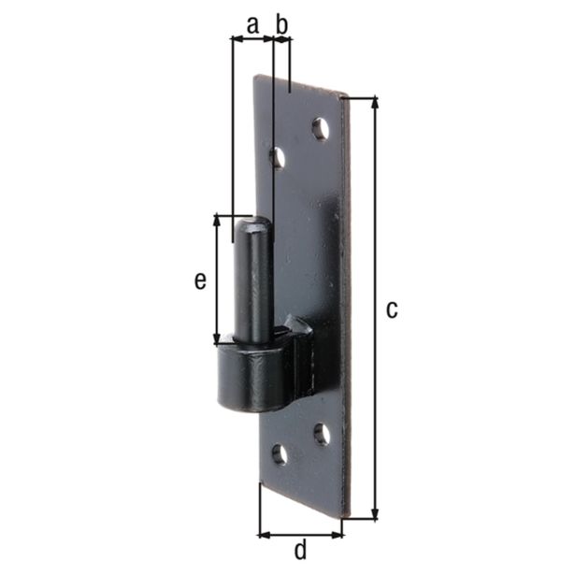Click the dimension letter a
[x=252, y=25]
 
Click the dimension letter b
[x=282, y=24]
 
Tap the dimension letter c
[x=392, y=309]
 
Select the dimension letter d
[x=300, y=549]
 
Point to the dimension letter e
[x=200, y=280]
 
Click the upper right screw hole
[x=321, y=129]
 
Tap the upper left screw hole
[x=279, y=158]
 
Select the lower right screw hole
[x=322, y=435]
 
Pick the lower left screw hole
[x=280, y=454]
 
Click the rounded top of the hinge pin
[x=253, y=223]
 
